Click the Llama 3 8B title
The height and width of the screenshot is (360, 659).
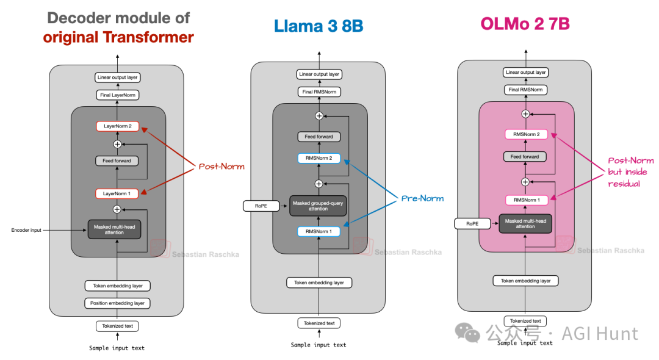[318, 26]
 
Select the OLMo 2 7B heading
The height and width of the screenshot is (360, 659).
[525, 24]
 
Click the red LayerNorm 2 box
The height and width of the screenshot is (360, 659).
[117, 126]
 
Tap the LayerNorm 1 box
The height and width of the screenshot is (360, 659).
[117, 193]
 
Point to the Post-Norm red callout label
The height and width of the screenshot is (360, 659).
[221, 167]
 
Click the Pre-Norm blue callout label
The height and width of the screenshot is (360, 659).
[422, 198]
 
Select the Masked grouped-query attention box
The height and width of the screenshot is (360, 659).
[319, 206]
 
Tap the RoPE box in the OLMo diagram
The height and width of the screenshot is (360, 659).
[472, 224]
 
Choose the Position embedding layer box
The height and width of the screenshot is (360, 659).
[117, 303]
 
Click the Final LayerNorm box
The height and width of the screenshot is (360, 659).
[117, 95]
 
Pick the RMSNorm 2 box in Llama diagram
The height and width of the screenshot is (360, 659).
[319, 158]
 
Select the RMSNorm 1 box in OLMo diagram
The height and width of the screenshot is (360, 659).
[525, 200]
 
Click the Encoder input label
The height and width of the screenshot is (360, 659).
[26, 230]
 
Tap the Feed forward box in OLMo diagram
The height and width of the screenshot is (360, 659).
[525, 157]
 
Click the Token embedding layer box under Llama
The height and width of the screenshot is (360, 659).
[319, 283]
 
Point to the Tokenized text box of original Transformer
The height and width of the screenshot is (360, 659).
[117, 326]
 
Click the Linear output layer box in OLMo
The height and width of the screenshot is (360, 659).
[525, 72]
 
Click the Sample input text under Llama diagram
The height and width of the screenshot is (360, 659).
[319, 345]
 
